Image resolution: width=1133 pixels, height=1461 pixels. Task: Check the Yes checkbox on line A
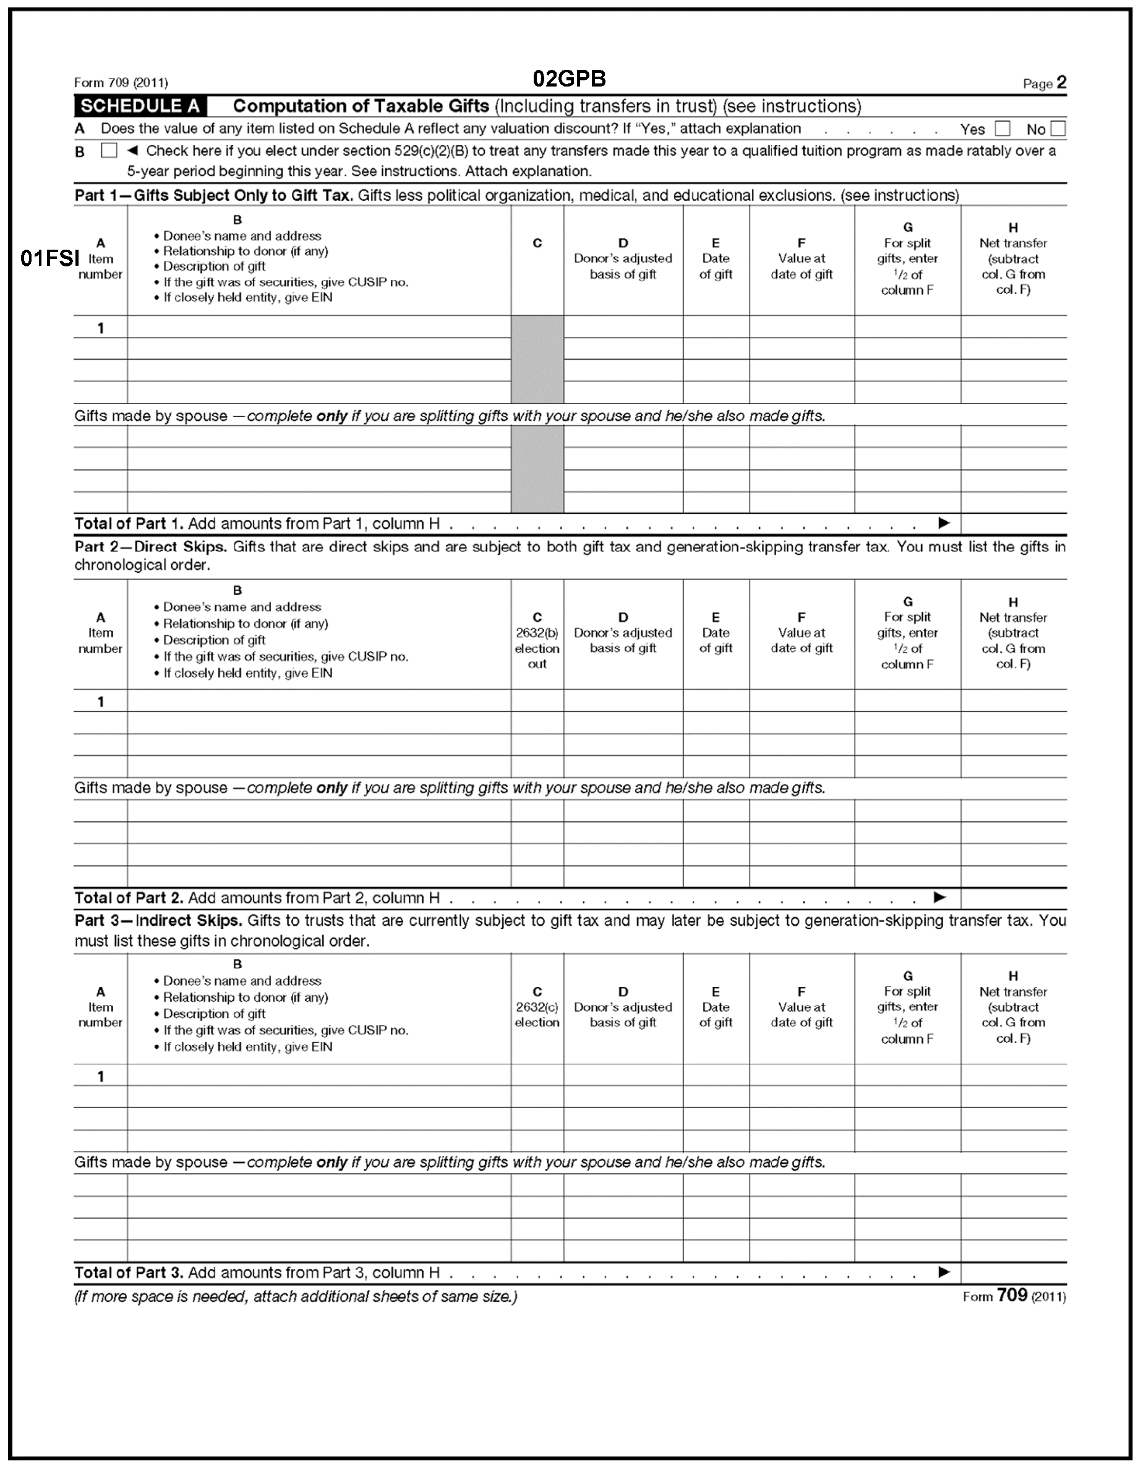1002,129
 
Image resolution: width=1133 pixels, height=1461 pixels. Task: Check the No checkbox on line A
1058,129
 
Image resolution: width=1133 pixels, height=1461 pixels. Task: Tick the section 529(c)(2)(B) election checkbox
108,151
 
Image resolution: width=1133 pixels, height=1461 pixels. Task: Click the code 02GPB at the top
569,79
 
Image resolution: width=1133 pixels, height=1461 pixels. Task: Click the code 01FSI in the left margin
49,258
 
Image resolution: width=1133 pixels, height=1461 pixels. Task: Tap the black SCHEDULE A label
140,106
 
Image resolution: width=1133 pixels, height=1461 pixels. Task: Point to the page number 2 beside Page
1061,83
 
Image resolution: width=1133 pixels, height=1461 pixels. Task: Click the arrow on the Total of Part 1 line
944,523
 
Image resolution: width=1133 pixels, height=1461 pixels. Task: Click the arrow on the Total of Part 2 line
939,897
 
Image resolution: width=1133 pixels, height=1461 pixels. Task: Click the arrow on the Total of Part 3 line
944,1272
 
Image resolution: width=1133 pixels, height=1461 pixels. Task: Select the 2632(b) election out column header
537,641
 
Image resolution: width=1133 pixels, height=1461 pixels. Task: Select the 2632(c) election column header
537,1007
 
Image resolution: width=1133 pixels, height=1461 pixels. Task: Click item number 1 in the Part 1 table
100,328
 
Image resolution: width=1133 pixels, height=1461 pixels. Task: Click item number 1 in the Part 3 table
100,1077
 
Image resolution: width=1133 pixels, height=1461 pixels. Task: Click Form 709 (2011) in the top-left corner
121,83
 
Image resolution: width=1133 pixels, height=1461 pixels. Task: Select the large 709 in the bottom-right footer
1011,1295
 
